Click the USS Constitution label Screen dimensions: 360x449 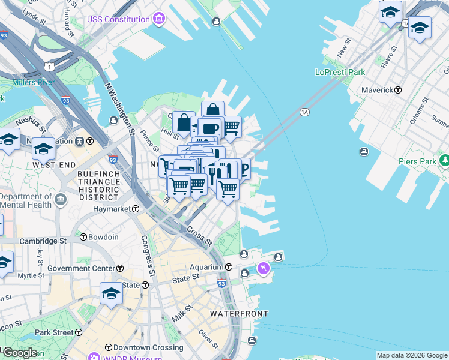(x=118, y=19)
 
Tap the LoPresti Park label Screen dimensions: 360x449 (x=340, y=72)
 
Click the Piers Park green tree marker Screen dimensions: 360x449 (x=445, y=161)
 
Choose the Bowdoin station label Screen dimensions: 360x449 (x=104, y=237)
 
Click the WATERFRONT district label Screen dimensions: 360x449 (x=238, y=314)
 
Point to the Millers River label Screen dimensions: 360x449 (x=34, y=82)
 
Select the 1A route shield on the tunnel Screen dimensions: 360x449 (x=304, y=112)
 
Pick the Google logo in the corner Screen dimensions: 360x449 (x=20, y=353)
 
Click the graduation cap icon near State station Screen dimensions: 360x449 (x=111, y=293)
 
